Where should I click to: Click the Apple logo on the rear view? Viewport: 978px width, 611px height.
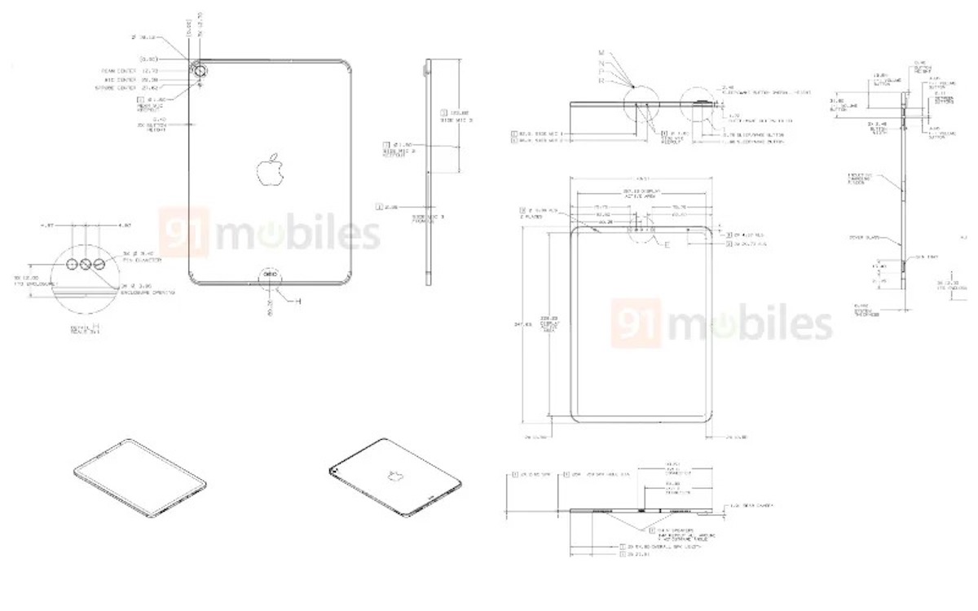click(270, 169)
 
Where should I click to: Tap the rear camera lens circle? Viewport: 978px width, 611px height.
click(200, 71)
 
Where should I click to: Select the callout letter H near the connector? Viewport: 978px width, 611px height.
click(298, 301)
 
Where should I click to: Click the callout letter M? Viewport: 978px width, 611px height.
click(601, 52)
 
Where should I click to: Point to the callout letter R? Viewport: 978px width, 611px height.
click(601, 81)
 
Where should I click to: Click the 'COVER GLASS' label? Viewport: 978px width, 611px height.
click(864, 238)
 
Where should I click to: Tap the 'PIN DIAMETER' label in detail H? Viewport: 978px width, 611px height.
click(144, 261)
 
